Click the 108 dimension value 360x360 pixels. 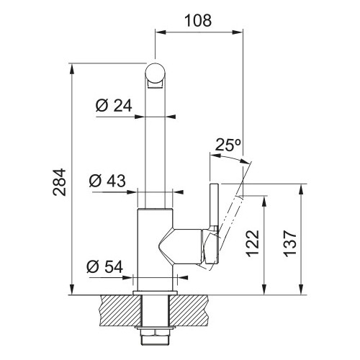click(x=198, y=20)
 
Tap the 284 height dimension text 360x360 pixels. click(x=59, y=182)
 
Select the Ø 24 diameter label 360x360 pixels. click(x=114, y=106)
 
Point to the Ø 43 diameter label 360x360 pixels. click(x=107, y=181)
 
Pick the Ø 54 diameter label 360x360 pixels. click(x=105, y=266)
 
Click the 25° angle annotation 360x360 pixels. click(x=228, y=145)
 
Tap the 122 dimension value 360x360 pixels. click(x=253, y=244)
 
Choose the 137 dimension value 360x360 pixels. click(x=290, y=244)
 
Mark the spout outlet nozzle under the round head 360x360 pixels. click(x=156, y=84)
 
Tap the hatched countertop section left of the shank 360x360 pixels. click(x=121, y=310)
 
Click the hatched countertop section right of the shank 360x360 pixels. click(x=189, y=310)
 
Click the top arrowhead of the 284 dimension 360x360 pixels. click(x=72, y=70)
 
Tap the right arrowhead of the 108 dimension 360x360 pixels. click(x=237, y=32)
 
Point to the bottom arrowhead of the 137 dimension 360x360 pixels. click(x=301, y=289)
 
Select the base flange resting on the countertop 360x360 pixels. click(x=156, y=293)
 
